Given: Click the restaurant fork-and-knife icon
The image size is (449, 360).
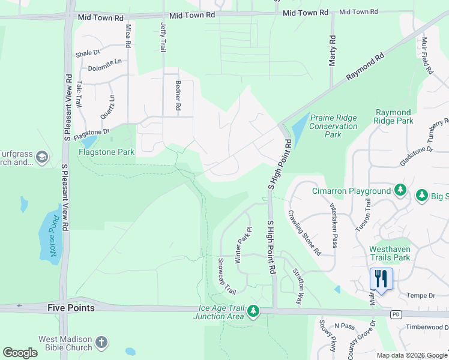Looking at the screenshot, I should coord(381,279).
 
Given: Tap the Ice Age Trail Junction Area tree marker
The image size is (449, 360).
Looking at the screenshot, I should coord(253,311).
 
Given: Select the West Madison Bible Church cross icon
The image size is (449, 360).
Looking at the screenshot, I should coord(102,343).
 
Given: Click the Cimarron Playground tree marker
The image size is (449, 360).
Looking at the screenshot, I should coord(400,191).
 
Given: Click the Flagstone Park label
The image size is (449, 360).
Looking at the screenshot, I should coord(106,152).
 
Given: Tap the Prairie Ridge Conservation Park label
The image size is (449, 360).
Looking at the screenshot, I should coord(333,126).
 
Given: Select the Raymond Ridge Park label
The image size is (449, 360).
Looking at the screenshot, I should coord(394,116).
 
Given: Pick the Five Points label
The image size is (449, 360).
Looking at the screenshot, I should coord(71,308).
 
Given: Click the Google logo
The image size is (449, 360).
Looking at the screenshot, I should coord(20,352).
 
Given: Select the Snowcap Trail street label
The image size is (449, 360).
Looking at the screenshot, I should coord(226,275).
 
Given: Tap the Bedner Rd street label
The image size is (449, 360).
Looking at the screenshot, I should coord(178,97).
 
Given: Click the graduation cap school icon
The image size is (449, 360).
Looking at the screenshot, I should coord(42,157).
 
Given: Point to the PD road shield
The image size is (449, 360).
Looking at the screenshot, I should coord(395,314).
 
